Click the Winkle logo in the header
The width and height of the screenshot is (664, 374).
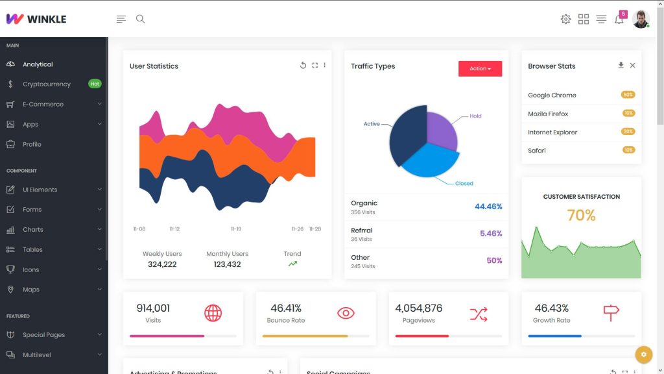[x=36, y=19]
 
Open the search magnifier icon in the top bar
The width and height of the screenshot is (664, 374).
[x=140, y=19]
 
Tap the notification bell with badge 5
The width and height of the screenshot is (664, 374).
[x=619, y=19]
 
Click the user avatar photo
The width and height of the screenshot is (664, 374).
[x=641, y=19]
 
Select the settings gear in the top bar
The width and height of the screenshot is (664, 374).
[x=565, y=19]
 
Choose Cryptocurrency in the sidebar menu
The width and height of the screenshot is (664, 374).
[x=46, y=84]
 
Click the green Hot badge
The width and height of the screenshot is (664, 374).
[x=95, y=84]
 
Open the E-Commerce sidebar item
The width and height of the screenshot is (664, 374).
[x=43, y=104]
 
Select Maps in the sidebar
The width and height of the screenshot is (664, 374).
[x=31, y=290]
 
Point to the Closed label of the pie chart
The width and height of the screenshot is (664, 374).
[x=464, y=183]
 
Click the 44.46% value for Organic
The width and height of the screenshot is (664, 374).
[x=488, y=206]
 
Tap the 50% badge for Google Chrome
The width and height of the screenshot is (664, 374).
[x=628, y=95]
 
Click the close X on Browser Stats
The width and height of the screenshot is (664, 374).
[x=632, y=66]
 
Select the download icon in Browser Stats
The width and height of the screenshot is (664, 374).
[x=621, y=66]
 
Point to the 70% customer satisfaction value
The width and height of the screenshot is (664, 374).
[x=581, y=216]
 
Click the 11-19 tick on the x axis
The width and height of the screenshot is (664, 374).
[x=236, y=229]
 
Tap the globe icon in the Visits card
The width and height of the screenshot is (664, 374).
[x=213, y=313]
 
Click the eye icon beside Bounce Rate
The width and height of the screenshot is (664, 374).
[x=346, y=313]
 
